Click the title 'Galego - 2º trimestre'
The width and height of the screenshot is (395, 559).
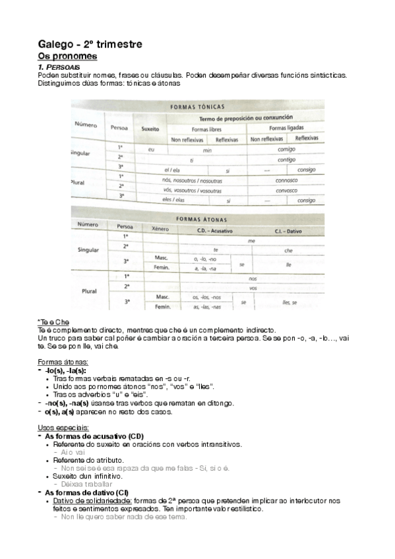tap(90, 44)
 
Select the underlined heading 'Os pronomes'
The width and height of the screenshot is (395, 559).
tap(67, 57)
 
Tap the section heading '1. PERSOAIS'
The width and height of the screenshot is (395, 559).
tap(59, 67)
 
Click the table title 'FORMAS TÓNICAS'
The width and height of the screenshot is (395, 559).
tap(197, 106)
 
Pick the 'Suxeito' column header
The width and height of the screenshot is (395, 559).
tap(150, 129)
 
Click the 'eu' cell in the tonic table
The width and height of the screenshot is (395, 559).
tap(151, 150)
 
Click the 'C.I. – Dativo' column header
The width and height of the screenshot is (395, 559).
tap(288, 229)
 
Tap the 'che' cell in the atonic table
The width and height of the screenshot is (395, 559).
tap(288, 251)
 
